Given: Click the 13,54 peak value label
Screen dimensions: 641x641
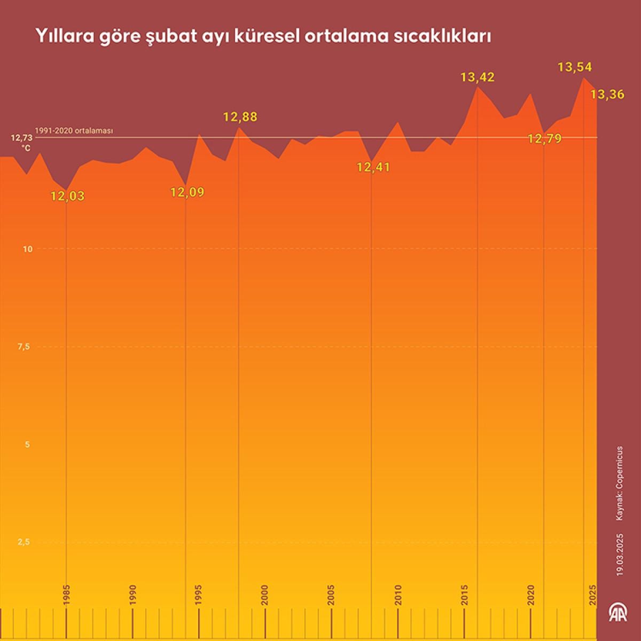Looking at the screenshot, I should click(x=575, y=67).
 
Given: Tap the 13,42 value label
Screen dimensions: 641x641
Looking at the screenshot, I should click(x=478, y=77).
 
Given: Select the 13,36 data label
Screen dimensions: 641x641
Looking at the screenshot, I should click(x=607, y=95).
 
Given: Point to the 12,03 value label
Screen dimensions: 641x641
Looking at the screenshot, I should click(x=67, y=196).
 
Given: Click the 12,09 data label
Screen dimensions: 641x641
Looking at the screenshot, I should click(x=187, y=192).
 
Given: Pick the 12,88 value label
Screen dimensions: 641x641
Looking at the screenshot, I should click(x=240, y=116).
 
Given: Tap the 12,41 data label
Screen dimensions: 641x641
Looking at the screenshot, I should click(x=373, y=167).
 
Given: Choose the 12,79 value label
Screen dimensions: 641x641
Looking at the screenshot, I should click(x=544, y=139).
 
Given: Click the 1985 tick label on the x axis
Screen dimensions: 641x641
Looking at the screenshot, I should click(x=67, y=595).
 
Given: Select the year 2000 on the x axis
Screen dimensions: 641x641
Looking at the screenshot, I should click(x=264, y=595).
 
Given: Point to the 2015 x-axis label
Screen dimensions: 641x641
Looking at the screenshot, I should click(x=465, y=595).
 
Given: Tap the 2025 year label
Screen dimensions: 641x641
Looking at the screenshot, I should click(x=592, y=595).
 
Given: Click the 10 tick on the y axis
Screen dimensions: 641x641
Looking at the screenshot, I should click(x=28, y=249).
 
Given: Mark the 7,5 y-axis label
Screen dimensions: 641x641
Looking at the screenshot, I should click(x=24, y=347).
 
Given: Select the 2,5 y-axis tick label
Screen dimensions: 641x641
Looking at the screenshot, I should click(x=24, y=542).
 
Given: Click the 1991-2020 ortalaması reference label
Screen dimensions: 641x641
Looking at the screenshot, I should click(x=74, y=130).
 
